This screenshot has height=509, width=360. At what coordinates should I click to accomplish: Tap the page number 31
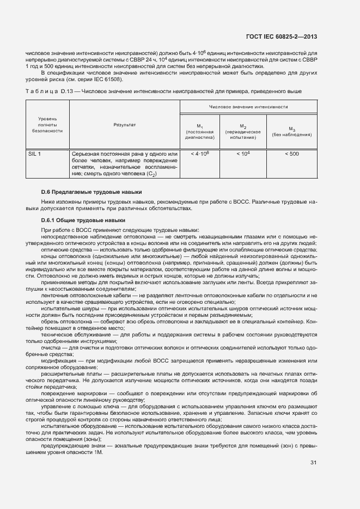click(313, 463)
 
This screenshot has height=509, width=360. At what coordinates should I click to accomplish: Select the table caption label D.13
click(68, 91)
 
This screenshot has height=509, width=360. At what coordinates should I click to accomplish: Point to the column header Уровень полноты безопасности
click(47, 125)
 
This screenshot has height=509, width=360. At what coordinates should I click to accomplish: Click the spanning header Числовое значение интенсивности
click(248, 107)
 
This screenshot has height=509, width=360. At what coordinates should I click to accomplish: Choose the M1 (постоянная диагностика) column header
click(200, 131)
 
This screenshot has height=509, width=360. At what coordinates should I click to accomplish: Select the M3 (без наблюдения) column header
click(292, 131)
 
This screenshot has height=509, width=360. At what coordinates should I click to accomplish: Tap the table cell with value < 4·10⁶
click(200, 154)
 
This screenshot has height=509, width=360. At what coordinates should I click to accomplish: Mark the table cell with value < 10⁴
click(243, 154)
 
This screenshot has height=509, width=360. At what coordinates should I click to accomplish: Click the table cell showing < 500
click(292, 154)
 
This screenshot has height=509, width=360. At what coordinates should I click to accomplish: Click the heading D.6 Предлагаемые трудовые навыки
click(91, 192)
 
